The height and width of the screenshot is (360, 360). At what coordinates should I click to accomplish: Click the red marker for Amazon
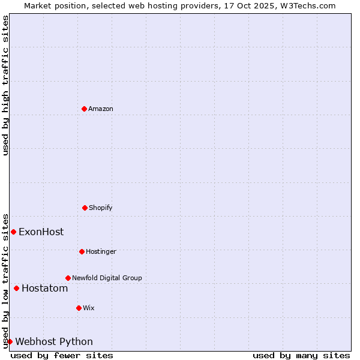pyautogui.click(x=84, y=109)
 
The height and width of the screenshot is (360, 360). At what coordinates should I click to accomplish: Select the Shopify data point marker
pyautogui.click(x=85, y=208)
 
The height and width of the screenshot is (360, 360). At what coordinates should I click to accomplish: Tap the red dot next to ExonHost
pyautogui.click(x=13, y=232)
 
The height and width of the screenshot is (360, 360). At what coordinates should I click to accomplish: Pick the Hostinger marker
pyautogui.click(x=82, y=251)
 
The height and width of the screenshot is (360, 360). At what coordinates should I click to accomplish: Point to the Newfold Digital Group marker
pyautogui.click(x=68, y=278)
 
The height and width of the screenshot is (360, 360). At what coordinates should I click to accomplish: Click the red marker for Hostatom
pyautogui.click(x=16, y=288)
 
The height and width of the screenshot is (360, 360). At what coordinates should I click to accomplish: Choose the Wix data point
pyautogui.click(x=79, y=308)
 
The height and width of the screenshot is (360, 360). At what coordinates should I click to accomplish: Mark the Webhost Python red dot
pyautogui.click(x=10, y=341)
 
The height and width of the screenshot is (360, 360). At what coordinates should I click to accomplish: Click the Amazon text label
pyautogui.click(x=101, y=109)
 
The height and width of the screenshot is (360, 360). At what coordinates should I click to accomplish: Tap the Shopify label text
pyautogui.click(x=101, y=208)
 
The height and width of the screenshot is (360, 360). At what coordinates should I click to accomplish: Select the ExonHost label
pyautogui.click(x=41, y=232)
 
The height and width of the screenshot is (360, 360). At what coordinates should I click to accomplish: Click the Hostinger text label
pyautogui.click(x=101, y=251)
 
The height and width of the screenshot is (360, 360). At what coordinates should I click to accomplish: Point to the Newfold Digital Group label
pyautogui.click(x=107, y=278)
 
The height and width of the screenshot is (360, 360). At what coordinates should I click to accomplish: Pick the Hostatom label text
pyautogui.click(x=44, y=289)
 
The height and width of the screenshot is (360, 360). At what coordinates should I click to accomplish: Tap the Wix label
pyautogui.click(x=89, y=308)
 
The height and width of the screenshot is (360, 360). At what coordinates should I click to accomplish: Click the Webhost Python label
pyautogui.click(x=54, y=342)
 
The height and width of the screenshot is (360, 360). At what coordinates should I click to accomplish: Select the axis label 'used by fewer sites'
pyautogui.click(x=62, y=355)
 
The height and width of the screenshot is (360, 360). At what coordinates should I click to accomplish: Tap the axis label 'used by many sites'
pyautogui.click(x=301, y=355)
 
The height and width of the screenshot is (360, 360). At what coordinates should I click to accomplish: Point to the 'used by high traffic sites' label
pyautogui.click(x=5, y=85)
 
